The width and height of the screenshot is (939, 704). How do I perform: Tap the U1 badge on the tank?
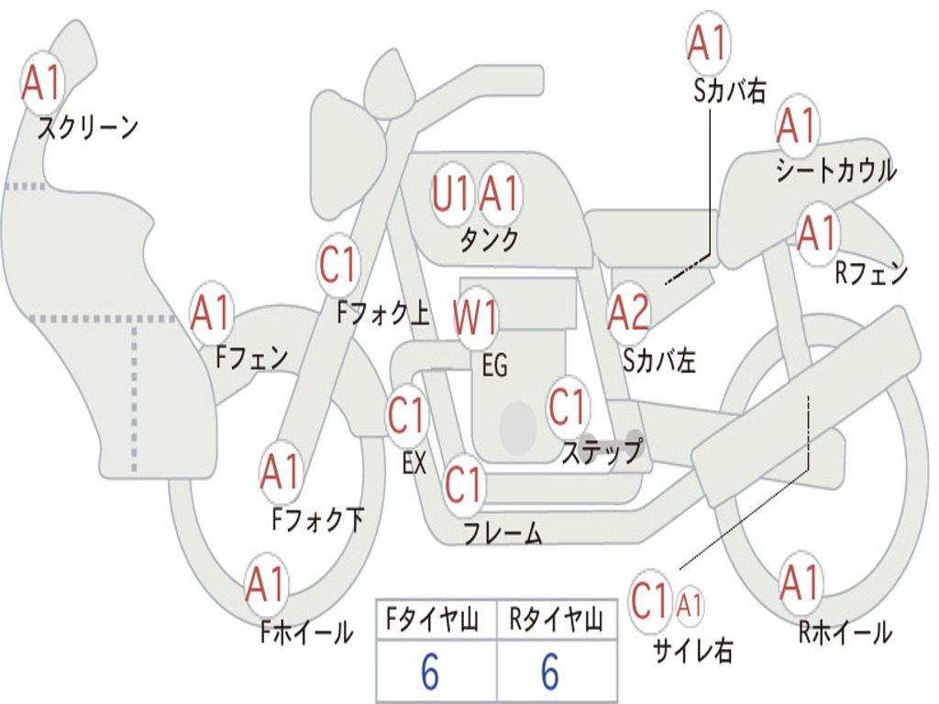click(x=452, y=194)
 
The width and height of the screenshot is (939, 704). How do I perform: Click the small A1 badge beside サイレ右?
click(x=690, y=605)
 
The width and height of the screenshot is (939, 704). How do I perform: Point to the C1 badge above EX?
click(x=406, y=415)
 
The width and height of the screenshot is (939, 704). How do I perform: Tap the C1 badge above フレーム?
click(x=464, y=483)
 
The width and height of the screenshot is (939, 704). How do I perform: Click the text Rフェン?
click(x=870, y=272)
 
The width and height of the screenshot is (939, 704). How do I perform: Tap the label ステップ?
click(x=602, y=452)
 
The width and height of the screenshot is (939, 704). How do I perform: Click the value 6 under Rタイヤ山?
click(x=550, y=672)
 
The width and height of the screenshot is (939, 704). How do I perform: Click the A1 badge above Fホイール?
click(x=266, y=584)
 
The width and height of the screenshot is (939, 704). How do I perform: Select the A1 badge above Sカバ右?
click(x=708, y=42)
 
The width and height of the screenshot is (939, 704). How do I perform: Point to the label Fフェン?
click(x=252, y=357)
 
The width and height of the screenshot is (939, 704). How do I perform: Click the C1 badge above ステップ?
click(x=568, y=406)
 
